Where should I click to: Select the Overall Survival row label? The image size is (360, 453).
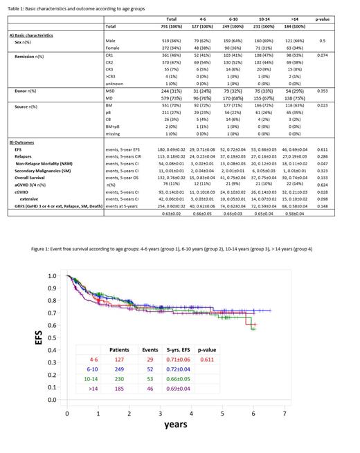pos(31,176)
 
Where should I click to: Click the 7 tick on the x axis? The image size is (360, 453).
pos(285,414)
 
